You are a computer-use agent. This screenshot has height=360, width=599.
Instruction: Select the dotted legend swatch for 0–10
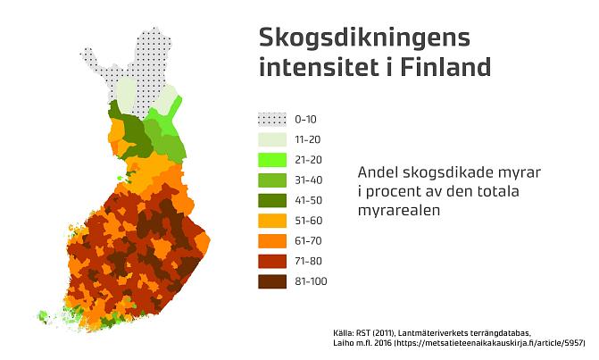point(273,119)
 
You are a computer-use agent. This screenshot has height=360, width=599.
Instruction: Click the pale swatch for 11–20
point(273,139)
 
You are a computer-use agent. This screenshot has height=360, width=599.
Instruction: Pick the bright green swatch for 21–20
point(273,159)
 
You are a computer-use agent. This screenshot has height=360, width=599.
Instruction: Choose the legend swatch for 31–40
point(273,180)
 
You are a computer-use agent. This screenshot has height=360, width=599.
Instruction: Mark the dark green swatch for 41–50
point(273,200)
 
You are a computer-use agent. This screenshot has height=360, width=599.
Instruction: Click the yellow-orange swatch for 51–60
point(273,220)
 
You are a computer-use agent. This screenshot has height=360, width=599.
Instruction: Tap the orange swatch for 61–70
point(273,240)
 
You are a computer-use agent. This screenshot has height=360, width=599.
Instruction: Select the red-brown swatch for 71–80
point(273,261)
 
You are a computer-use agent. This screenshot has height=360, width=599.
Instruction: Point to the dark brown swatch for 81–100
point(273,281)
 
